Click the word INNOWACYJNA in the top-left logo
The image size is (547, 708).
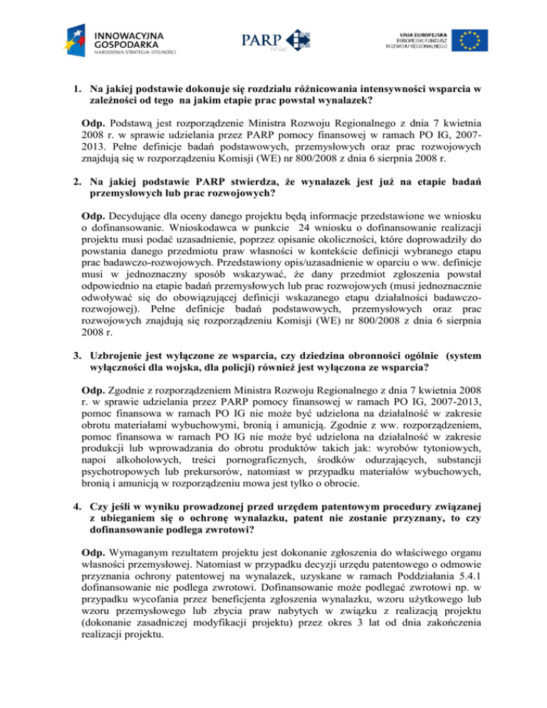tap(129, 33)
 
